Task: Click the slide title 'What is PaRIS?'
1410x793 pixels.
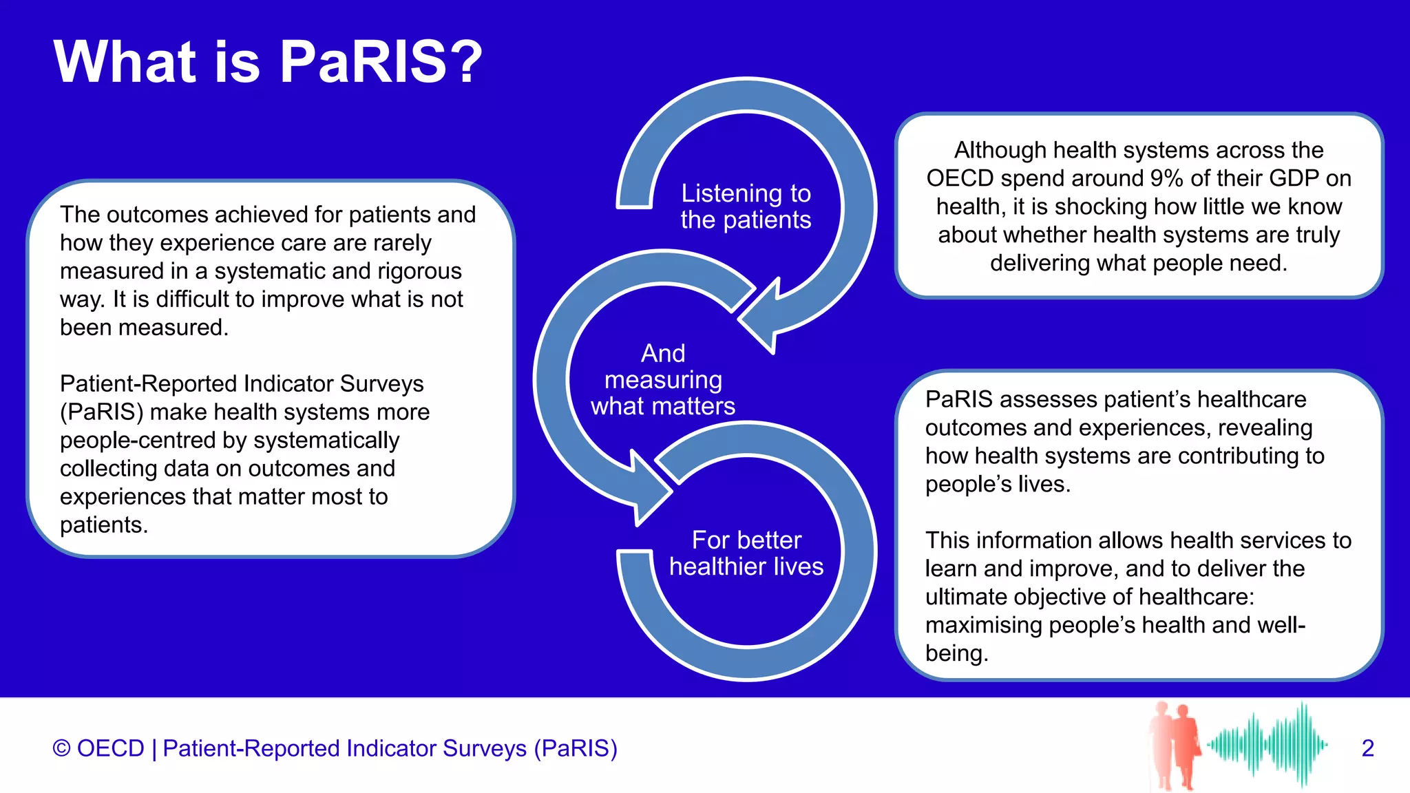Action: pos(268,62)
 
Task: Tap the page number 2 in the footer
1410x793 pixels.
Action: pos(1367,748)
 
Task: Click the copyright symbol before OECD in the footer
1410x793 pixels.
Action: pos(61,748)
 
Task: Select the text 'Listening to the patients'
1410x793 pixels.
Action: pos(746,207)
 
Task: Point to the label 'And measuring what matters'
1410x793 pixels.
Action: pos(663,380)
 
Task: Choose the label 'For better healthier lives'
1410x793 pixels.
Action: pos(746,553)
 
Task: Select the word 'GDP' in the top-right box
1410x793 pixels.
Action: pos(1294,178)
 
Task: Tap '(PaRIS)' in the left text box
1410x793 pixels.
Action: pos(102,412)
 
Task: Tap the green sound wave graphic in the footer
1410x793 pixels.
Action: pos(1267,744)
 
